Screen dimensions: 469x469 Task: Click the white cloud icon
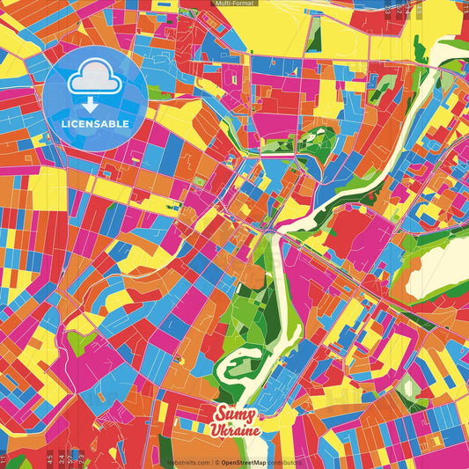tap(95, 81)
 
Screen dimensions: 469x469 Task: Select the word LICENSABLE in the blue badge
tap(95, 122)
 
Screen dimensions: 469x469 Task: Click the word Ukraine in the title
tap(235, 430)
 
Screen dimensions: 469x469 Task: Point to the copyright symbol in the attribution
tap(216, 462)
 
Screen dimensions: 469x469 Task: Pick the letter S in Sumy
tap(220, 414)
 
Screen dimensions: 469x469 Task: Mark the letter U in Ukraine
tap(216, 430)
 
